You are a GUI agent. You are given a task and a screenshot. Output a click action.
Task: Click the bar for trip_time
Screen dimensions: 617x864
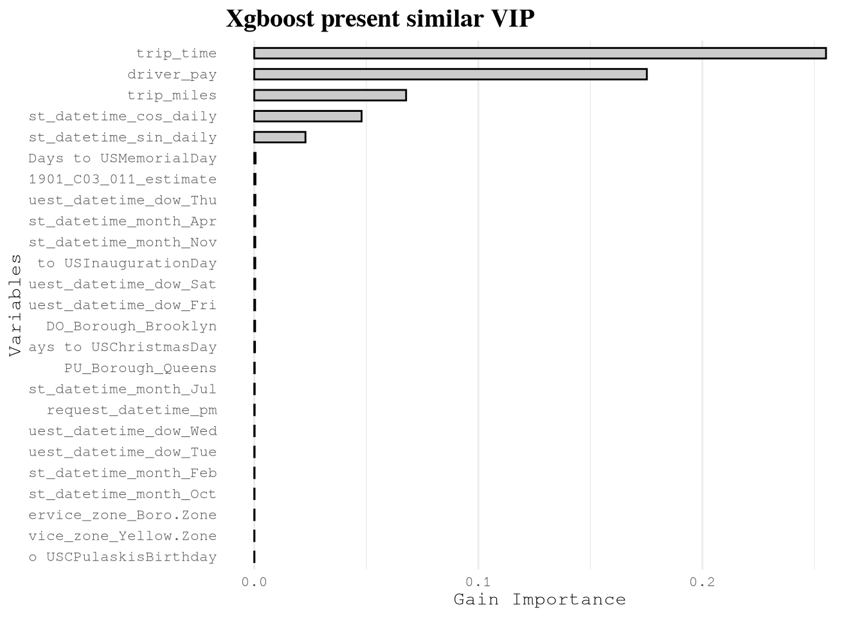[540, 53]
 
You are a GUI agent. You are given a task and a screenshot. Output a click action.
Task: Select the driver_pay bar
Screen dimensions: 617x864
[450, 74]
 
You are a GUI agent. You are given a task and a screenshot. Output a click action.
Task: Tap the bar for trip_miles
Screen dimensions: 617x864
[330, 95]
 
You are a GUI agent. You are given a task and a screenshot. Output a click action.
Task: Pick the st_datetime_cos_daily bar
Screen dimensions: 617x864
[308, 116]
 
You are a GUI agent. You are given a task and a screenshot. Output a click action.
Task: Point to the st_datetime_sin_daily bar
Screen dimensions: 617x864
[280, 137]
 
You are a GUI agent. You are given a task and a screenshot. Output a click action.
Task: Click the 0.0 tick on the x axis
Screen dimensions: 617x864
[254, 582]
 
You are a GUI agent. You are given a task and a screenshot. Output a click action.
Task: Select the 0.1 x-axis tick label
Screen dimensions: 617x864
[478, 582]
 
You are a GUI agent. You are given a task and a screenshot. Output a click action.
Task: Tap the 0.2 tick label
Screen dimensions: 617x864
[702, 582]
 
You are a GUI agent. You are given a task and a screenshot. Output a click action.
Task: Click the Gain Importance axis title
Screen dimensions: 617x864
[539, 600]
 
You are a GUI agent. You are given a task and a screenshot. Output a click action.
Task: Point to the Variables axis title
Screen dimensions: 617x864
[15, 305]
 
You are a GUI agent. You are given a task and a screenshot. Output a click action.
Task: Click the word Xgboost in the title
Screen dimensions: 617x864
[270, 19]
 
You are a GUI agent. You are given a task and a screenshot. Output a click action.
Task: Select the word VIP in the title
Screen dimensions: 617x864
[513, 19]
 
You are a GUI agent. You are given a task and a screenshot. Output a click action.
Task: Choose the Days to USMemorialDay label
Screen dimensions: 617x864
[122, 158]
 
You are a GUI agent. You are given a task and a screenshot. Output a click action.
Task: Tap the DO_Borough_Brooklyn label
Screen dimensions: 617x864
[131, 326]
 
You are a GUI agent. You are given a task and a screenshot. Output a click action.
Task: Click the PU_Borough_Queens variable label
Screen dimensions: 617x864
[140, 368]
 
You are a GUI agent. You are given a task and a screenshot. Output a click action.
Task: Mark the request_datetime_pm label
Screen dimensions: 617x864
[132, 410]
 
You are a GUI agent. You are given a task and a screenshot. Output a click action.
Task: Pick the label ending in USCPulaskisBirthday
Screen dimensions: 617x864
[122, 557]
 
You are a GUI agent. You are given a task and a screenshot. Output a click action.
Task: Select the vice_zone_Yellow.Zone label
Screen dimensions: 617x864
[122, 536]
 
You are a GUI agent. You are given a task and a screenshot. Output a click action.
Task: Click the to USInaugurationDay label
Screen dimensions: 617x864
[127, 264]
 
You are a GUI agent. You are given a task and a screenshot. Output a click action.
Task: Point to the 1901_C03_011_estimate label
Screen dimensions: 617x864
[122, 179]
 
